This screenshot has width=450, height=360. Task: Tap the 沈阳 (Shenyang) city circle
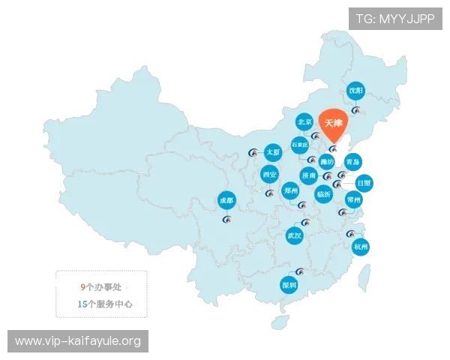point(356,91)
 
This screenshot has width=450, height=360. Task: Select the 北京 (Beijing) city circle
point(304,121)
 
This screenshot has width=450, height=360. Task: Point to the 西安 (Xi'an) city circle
point(269,175)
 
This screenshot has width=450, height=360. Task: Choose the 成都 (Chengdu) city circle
point(225,200)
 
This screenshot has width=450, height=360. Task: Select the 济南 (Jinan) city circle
point(309,175)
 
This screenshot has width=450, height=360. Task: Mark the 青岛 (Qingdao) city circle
point(353,161)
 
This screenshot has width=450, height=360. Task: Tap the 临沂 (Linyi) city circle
point(324,193)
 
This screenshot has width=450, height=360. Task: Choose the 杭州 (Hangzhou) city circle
point(361,247)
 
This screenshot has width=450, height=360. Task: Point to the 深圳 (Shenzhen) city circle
point(289,285)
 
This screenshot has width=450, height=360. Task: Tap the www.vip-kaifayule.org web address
point(78,342)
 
